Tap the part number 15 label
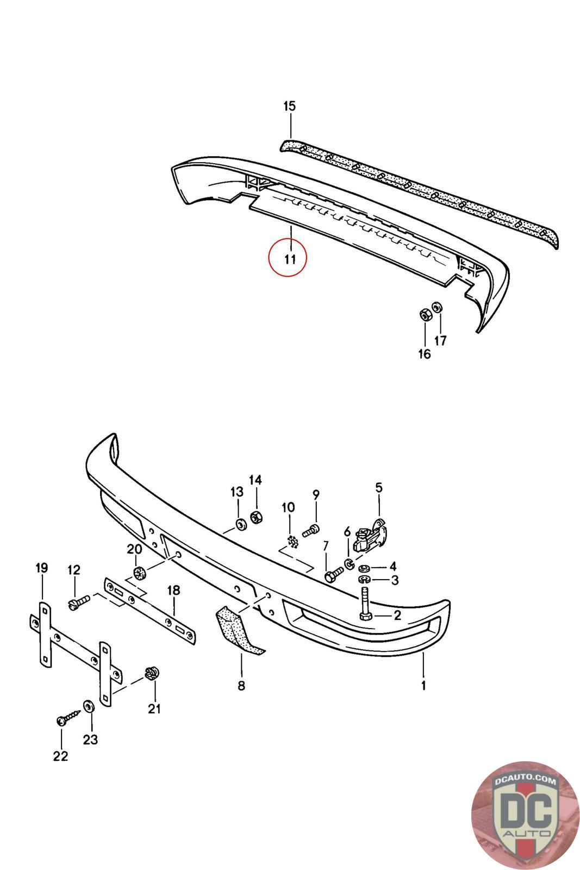point(290,106)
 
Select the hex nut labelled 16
point(425,315)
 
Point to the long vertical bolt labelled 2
point(364,601)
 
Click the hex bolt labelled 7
point(332,574)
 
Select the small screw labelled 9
point(310,530)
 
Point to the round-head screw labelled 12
point(79,602)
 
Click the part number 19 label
point(42,568)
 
